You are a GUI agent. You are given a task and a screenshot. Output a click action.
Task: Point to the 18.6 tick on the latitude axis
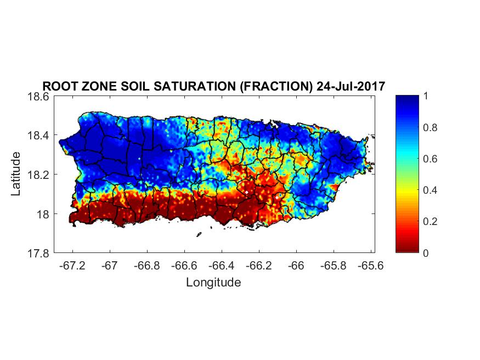[39, 97]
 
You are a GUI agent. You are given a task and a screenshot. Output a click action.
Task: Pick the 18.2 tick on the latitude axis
[39, 175]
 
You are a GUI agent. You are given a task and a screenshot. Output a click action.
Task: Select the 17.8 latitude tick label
[39, 254]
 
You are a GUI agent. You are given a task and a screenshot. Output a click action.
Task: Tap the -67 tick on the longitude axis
[110, 266]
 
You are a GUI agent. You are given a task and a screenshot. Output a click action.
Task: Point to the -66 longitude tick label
[296, 266]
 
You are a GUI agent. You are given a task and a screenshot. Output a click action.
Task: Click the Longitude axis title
[213, 283]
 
